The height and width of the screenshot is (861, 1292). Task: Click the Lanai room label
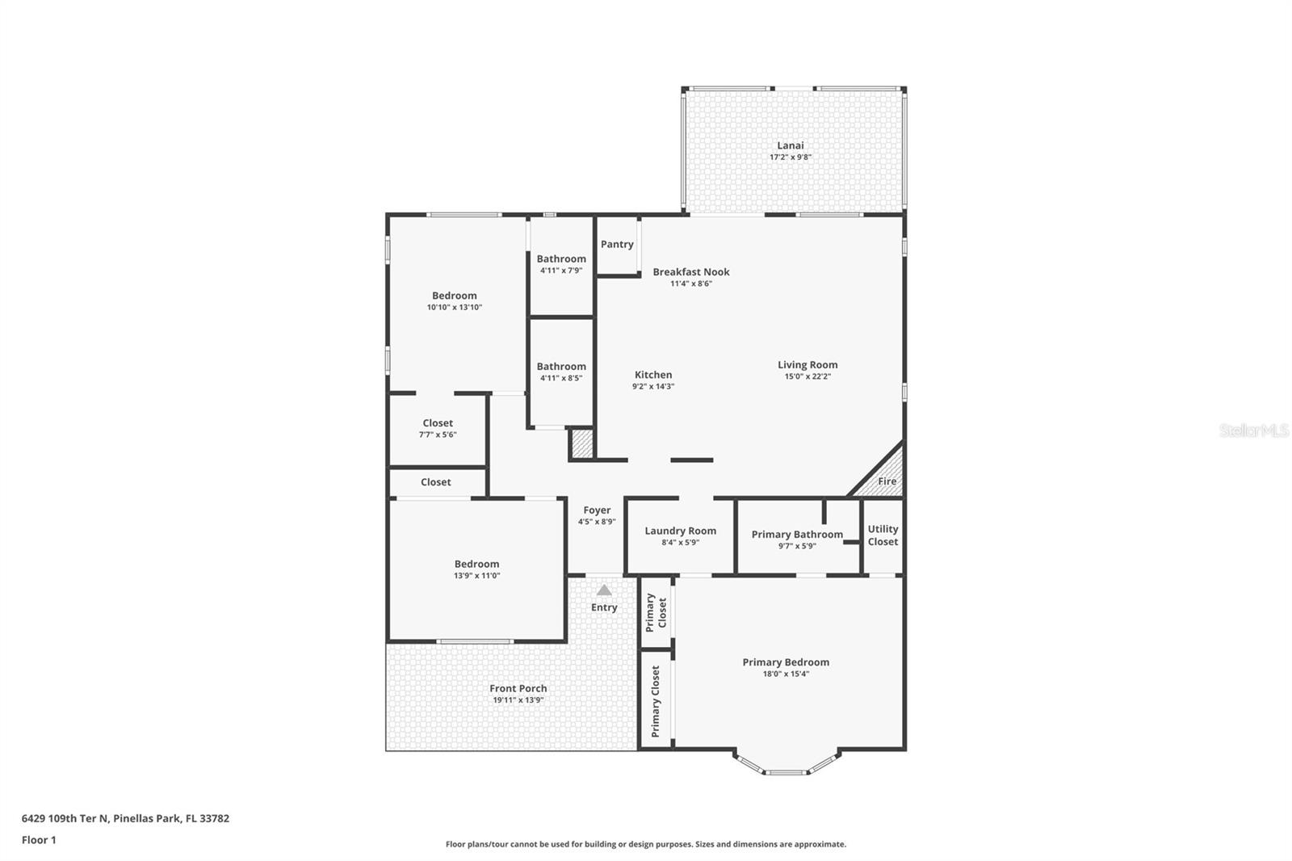point(790,145)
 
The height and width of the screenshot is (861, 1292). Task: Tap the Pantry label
point(617,244)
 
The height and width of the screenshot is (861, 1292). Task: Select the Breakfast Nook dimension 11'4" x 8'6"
point(690,283)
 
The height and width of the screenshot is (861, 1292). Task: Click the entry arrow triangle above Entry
point(604,590)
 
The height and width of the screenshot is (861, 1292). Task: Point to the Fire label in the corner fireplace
point(887,481)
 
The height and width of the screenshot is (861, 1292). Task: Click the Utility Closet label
point(883,535)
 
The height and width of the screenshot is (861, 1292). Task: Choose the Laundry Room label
point(680,531)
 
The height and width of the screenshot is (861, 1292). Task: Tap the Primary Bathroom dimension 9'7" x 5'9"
point(797,546)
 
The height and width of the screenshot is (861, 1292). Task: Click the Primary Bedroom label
point(786,662)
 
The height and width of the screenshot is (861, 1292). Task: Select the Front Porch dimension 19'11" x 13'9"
point(518,700)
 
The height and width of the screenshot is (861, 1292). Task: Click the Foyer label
point(597,510)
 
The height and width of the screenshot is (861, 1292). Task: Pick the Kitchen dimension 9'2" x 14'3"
point(652,386)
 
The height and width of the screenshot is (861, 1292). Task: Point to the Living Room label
point(807,364)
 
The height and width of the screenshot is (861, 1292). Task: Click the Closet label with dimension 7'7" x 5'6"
point(438,423)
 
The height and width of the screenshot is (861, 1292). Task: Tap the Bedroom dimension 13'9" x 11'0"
point(476,576)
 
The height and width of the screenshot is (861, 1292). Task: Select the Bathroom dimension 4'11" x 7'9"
point(561,271)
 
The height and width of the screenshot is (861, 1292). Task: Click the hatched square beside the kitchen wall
point(582,443)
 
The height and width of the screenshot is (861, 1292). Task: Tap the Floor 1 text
point(39,840)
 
